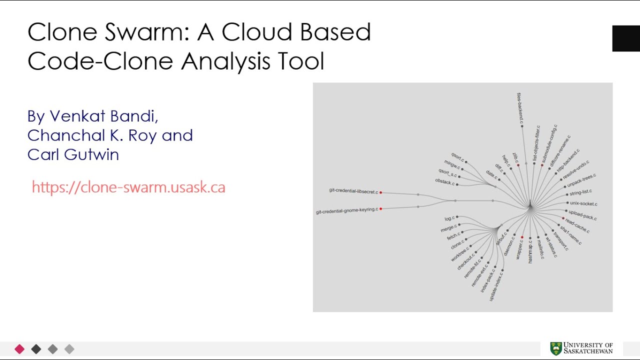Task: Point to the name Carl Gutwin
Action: click(x=73, y=154)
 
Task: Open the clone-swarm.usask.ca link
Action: click(x=128, y=187)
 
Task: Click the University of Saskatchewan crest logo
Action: click(x=555, y=348)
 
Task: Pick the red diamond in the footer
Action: click(x=19, y=349)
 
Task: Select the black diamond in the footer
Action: click(x=36, y=349)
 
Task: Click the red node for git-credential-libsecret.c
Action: click(x=380, y=192)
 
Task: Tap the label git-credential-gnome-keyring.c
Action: click(x=346, y=210)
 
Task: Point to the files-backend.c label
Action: click(x=520, y=107)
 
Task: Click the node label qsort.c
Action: click(x=457, y=157)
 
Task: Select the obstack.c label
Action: click(x=444, y=181)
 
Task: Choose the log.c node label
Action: click(x=449, y=218)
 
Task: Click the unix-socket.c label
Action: click(x=583, y=203)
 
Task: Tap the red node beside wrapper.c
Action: click(x=522, y=237)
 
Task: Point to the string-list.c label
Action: click(x=580, y=192)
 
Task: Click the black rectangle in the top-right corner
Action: click(x=626, y=38)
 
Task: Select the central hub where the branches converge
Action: click(x=530, y=206)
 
